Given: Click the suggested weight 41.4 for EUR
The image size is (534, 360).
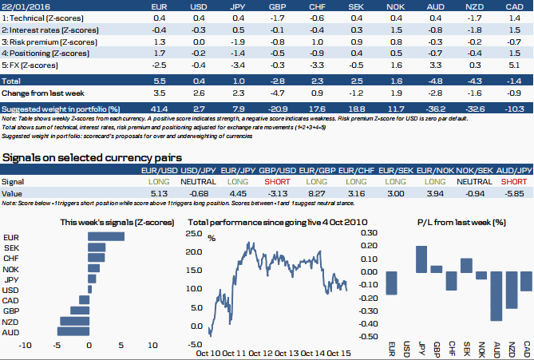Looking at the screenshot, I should [x=158, y=108].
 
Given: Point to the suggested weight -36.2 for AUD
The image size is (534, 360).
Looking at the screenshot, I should [x=435, y=108].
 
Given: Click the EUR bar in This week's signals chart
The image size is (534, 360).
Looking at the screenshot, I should [x=106, y=236].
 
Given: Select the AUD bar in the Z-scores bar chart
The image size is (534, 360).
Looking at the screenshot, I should [x=73, y=331].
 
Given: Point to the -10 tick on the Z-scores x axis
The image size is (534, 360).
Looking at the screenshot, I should [x=25, y=345].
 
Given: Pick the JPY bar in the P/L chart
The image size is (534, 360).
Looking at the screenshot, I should [x=421, y=259].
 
